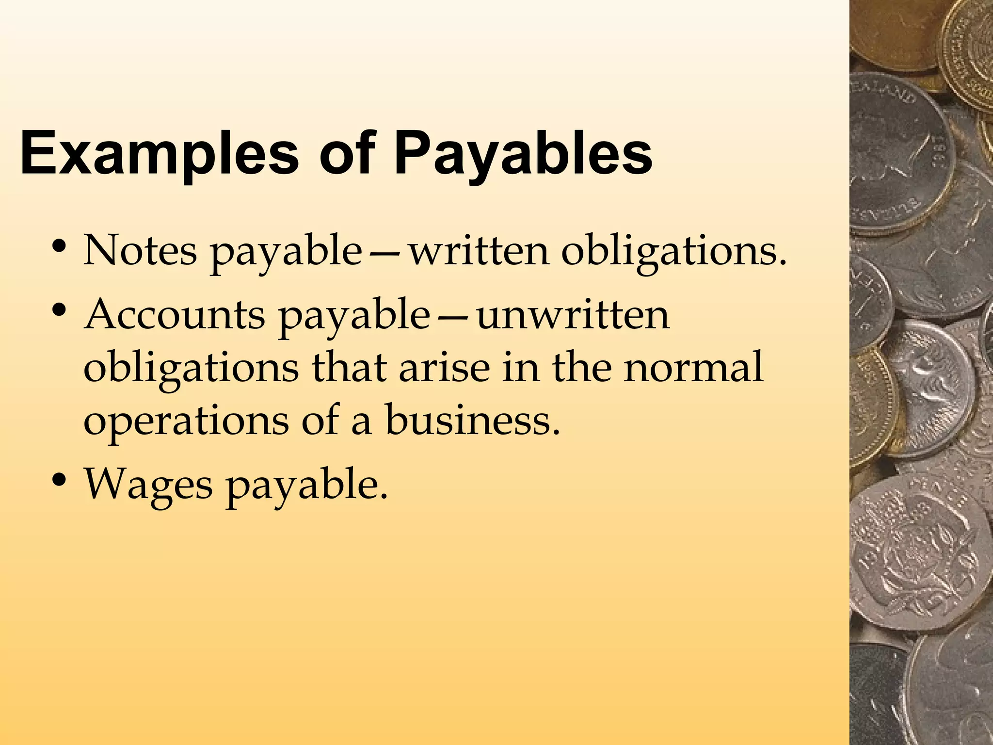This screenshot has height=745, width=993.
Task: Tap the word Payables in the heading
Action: (x=523, y=153)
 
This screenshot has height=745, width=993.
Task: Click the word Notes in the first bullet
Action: (x=140, y=251)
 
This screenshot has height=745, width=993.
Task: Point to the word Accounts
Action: (x=175, y=315)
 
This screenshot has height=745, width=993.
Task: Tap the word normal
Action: (x=693, y=367)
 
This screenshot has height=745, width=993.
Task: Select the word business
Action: (x=472, y=420)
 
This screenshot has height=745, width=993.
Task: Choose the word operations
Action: (x=186, y=420)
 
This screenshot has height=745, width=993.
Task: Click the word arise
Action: (x=444, y=367)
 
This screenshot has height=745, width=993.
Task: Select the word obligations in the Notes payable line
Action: (x=674, y=251)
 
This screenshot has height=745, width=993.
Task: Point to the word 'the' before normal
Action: (x=582, y=367)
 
